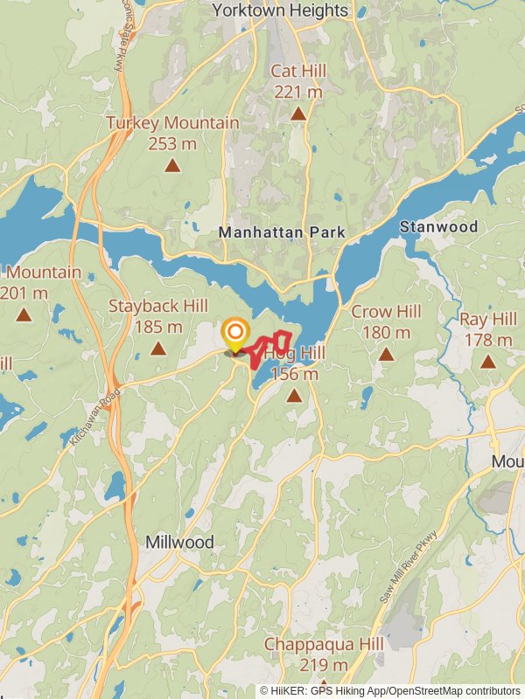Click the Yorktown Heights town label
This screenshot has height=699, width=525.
(x=280, y=10)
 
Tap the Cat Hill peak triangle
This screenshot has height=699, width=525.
(x=298, y=114)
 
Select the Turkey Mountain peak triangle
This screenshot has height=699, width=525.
(x=172, y=165)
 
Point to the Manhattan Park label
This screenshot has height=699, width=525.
(x=282, y=232)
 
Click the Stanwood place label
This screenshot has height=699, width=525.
(x=439, y=227)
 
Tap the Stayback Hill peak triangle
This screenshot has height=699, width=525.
(x=157, y=349)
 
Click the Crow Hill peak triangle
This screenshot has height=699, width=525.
(x=386, y=354)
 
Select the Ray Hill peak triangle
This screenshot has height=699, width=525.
(x=487, y=362)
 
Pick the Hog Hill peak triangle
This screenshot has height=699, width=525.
(x=294, y=396)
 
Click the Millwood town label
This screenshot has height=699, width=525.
(x=179, y=542)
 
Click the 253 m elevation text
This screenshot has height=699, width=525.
(x=172, y=143)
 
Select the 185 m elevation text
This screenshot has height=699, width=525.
(x=158, y=327)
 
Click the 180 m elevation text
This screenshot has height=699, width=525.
(x=386, y=332)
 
